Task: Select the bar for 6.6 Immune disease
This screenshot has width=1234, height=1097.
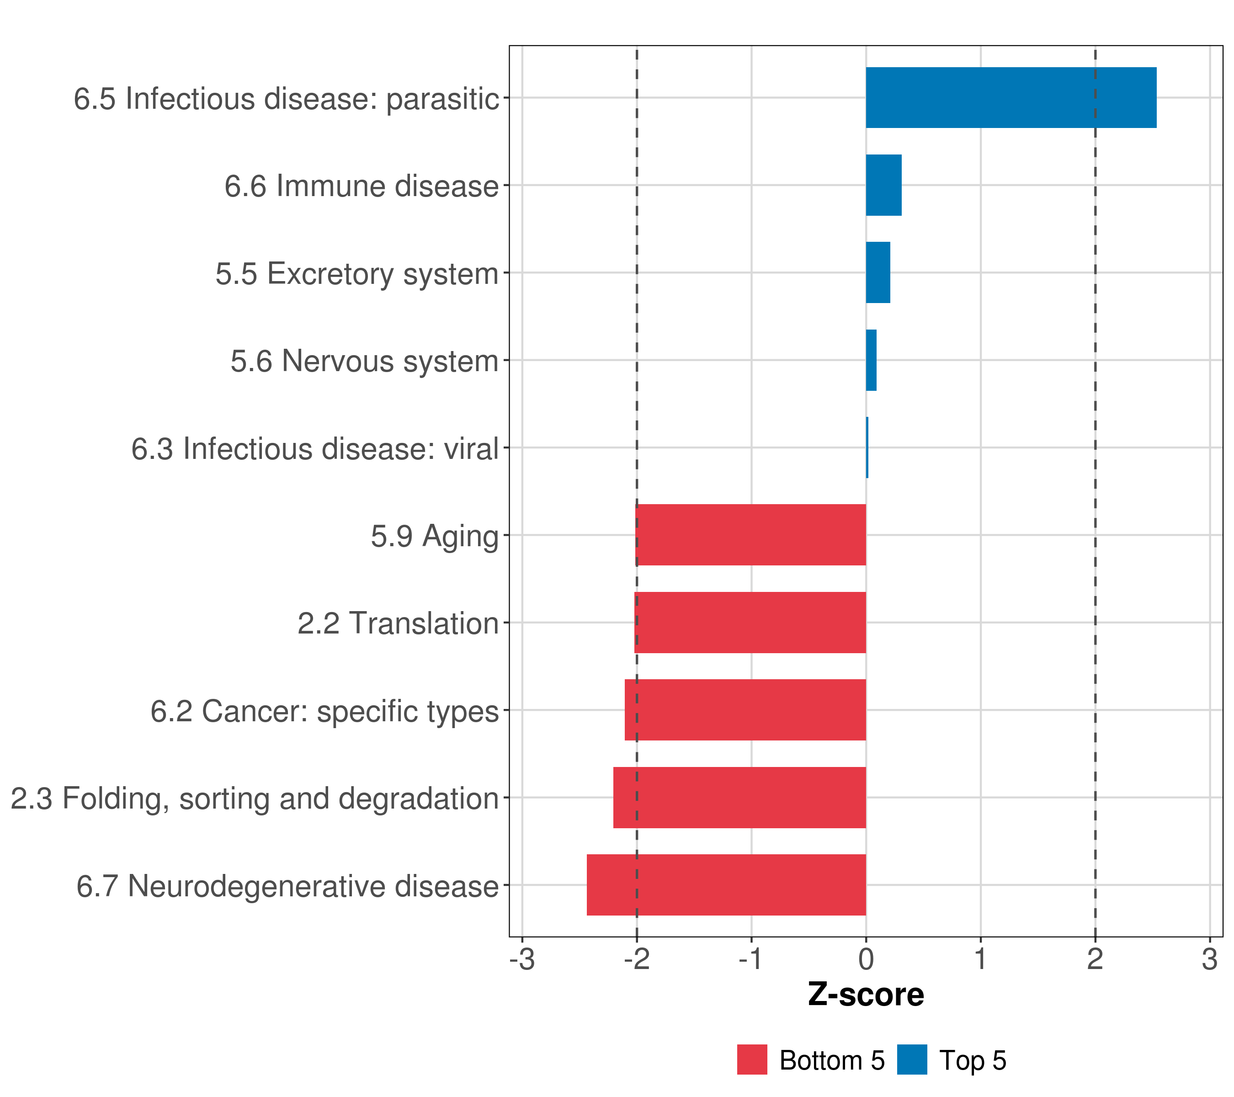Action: [x=883, y=186]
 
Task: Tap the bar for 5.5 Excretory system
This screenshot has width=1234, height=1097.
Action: [x=878, y=273]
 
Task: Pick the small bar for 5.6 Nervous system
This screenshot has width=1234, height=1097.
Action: [x=871, y=361]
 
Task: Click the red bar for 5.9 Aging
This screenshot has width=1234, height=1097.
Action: [x=750, y=535]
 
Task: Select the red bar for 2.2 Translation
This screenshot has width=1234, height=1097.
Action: [x=750, y=623]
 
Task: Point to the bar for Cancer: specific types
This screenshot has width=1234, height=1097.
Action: [x=745, y=710]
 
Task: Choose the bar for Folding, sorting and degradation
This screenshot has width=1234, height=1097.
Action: [x=739, y=798]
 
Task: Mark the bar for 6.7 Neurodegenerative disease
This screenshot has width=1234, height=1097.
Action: [x=726, y=885]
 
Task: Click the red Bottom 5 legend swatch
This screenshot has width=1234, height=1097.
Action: [x=752, y=1060]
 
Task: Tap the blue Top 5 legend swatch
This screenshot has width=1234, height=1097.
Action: [x=912, y=1060]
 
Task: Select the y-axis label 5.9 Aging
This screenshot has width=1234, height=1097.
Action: [x=435, y=537]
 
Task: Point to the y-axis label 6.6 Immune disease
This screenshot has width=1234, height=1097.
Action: [x=361, y=186]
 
